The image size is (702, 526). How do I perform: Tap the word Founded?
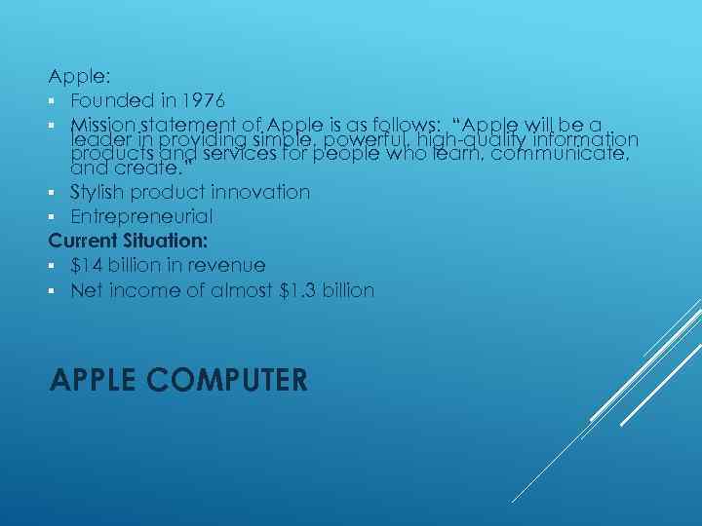coord(110,100)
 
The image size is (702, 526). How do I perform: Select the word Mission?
coord(102,125)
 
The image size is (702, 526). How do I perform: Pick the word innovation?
coord(264,192)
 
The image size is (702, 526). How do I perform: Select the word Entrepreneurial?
coord(141,216)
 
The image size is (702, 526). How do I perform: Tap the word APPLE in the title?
coord(86,379)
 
